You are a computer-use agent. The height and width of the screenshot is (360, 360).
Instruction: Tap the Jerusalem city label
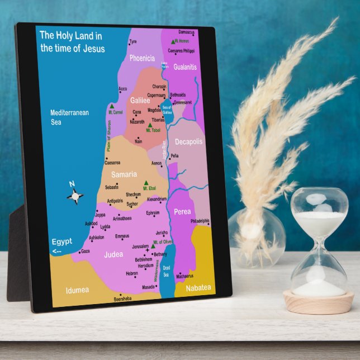point(140,246)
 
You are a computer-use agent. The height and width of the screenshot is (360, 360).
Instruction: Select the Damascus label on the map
point(187,32)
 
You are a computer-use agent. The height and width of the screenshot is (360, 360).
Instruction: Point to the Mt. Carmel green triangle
point(112,106)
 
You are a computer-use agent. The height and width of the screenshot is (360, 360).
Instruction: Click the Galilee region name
point(140,101)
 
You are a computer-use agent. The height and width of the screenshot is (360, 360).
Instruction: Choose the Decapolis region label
point(188,141)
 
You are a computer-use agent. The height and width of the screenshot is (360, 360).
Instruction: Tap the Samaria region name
point(124,174)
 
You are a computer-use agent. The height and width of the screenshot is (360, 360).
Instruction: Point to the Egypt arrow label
point(61,245)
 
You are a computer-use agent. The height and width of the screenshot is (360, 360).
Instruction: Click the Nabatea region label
point(198,287)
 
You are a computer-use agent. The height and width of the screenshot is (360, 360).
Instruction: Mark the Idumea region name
point(77,290)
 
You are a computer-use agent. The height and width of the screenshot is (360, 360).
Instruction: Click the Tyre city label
point(132,41)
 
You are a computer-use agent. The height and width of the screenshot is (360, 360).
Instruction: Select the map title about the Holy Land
point(72,42)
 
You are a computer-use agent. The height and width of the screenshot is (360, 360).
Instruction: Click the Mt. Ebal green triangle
point(146,183)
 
